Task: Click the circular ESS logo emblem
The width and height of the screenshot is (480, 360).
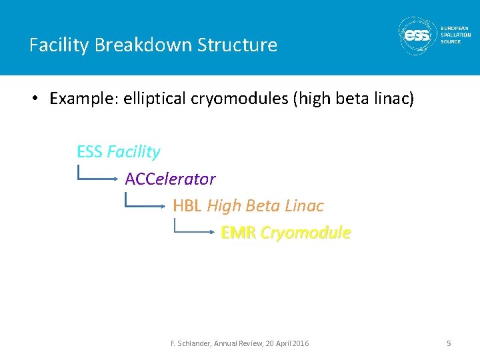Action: (417, 35)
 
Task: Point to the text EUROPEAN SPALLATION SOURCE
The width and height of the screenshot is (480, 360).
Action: (455, 35)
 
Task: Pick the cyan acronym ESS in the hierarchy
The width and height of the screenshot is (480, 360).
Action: (89, 152)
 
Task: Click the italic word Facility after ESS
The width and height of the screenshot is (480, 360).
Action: (133, 152)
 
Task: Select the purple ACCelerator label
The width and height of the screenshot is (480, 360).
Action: (170, 179)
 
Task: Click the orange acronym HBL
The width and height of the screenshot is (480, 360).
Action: (187, 206)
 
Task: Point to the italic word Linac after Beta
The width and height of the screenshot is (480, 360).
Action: (304, 206)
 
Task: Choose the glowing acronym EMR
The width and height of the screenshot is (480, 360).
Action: (238, 233)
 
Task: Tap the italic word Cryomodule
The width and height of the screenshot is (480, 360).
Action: (305, 233)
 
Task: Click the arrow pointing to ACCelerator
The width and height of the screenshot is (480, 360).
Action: (99, 177)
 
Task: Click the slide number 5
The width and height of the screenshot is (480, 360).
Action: (449, 343)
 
